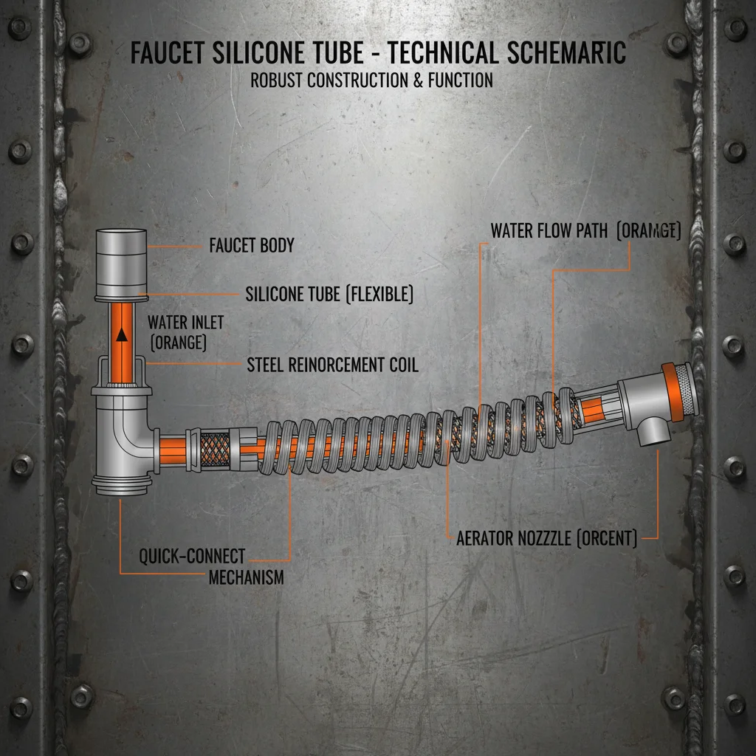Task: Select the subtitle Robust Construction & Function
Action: click(x=371, y=80)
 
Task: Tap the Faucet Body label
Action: click(x=251, y=245)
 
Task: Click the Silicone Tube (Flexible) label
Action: click(x=329, y=294)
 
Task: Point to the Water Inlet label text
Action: click(x=185, y=323)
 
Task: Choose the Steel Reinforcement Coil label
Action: click(x=332, y=364)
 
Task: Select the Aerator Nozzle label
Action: click(x=546, y=538)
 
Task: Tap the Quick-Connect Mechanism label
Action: click(x=192, y=556)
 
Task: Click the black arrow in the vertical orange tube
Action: click(x=122, y=334)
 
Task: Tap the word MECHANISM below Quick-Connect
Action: click(x=246, y=577)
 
